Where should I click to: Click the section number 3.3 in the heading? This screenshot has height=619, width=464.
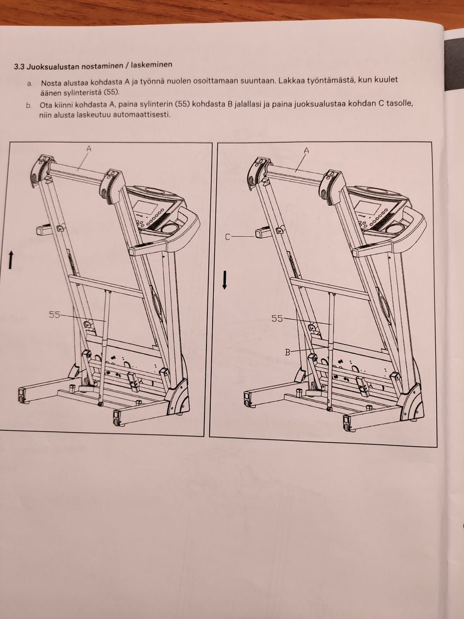click(19, 67)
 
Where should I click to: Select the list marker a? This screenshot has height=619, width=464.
click(29, 84)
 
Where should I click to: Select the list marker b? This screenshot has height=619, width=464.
click(29, 106)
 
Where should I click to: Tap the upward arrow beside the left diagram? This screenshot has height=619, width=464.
click(11, 260)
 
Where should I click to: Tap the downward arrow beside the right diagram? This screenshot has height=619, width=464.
click(224, 280)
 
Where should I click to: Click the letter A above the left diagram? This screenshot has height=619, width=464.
click(89, 148)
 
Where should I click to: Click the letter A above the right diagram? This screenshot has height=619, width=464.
click(306, 151)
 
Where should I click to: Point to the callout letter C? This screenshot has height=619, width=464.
click(228, 238)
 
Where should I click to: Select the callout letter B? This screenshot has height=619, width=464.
click(288, 352)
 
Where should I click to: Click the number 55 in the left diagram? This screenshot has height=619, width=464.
click(55, 315)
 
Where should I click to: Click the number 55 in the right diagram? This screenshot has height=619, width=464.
click(277, 318)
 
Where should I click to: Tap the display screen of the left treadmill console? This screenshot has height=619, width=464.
click(146, 208)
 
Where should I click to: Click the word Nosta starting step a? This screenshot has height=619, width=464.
click(50, 83)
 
